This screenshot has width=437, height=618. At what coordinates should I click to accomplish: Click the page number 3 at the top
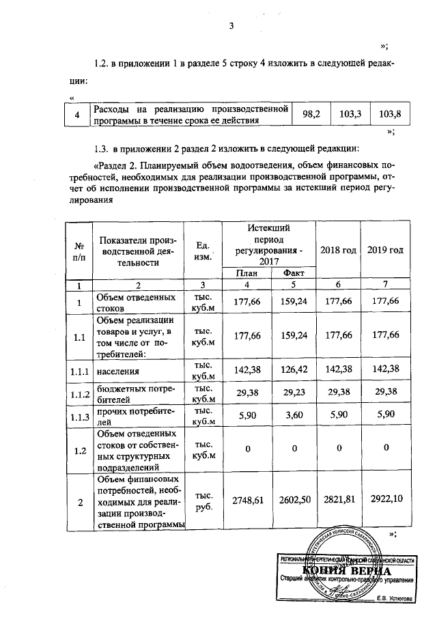click(x=231, y=27)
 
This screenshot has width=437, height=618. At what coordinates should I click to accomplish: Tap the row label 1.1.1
click(x=79, y=371)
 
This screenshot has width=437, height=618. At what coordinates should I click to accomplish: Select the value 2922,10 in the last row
click(x=385, y=501)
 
